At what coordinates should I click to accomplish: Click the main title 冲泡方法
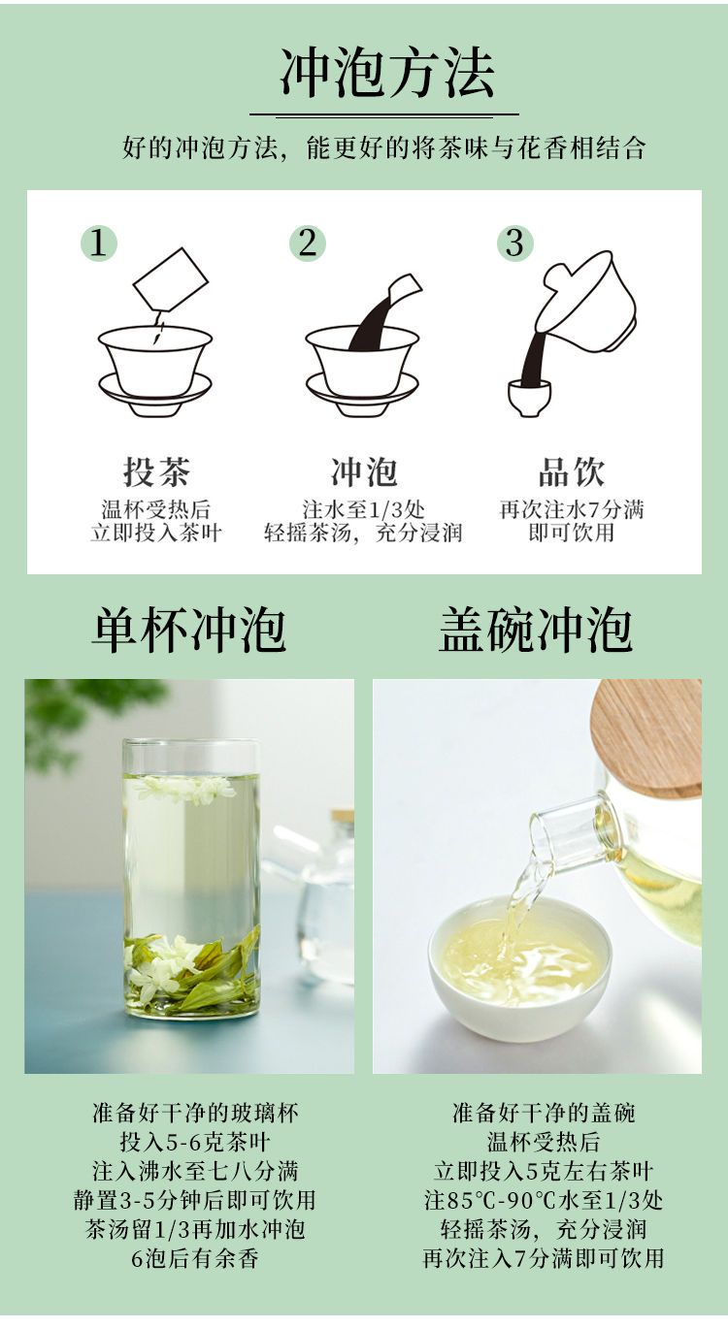[x=387, y=73]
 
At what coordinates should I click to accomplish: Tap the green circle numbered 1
[x=98, y=243]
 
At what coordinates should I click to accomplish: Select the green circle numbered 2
[x=308, y=243]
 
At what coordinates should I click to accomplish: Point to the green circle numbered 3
[x=515, y=243]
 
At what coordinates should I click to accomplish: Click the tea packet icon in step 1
[x=171, y=279]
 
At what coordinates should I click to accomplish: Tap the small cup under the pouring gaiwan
[x=529, y=397]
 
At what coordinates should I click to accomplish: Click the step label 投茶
[x=156, y=471]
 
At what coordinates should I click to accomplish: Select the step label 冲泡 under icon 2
[x=364, y=471]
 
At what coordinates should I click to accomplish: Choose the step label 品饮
[x=572, y=471]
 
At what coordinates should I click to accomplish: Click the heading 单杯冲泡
[x=188, y=630]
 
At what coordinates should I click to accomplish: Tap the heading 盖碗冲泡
[x=535, y=630]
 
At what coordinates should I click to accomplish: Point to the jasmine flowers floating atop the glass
[x=187, y=789]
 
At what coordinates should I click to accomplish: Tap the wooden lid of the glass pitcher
[x=646, y=736]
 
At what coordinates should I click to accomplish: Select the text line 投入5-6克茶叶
[x=195, y=1141]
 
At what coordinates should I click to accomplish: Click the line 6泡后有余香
[x=195, y=1258]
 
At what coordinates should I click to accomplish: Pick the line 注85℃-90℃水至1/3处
[x=544, y=1200]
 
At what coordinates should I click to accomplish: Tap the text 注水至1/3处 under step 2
[x=363, y=509]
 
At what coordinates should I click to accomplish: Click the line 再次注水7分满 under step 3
[x=572, y=509]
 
